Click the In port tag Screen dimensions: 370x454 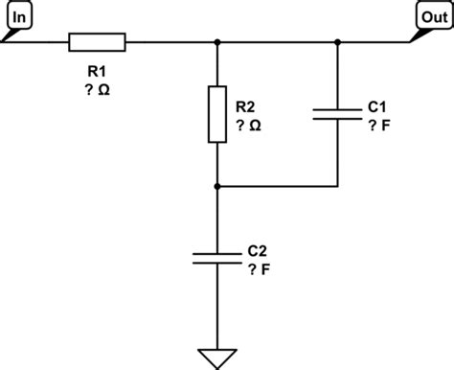point(19,18)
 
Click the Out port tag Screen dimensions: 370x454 point(432,18)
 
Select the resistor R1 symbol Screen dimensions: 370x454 point(97,42)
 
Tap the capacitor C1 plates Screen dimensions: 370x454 point(338,114)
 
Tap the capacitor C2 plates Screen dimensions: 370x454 point(219,256)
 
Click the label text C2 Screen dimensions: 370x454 point(257,250)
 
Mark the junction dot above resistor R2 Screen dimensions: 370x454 point(219,42)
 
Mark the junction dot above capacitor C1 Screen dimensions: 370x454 point(338,42)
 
